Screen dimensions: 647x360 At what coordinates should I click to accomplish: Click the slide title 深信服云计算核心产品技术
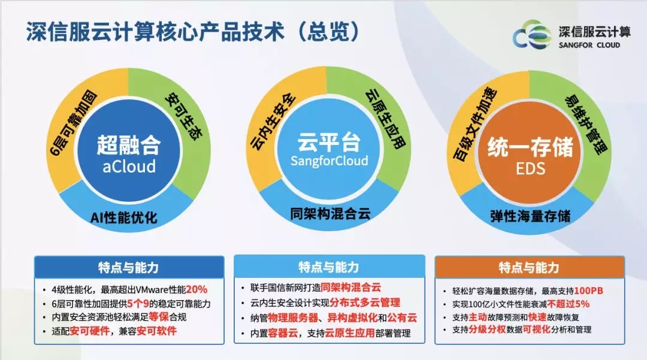(x=156, y=31)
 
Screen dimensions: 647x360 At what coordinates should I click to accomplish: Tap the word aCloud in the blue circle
(x=129, y=167)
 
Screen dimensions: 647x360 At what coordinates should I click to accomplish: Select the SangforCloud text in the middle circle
(x=329, y=161)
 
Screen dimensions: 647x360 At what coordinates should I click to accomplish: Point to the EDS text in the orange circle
(x=531, y=169)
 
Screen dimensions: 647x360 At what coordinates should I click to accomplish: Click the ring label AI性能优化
(x=124, y=217)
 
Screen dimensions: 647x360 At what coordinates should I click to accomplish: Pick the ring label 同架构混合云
(x=330, y=214)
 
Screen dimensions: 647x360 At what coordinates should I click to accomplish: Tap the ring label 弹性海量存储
(x=531, y=216)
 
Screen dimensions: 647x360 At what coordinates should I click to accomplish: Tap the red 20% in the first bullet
(x=196, y=289)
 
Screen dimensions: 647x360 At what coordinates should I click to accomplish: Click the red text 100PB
(x=589, y=291)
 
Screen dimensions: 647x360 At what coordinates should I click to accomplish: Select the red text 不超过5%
(x=568, y=304)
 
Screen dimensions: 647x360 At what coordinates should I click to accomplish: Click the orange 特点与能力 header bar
(x=530, y=267)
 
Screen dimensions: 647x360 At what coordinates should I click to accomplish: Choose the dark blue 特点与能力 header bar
(x=129, y=267)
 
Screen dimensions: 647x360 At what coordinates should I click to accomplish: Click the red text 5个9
(x=138, y=304)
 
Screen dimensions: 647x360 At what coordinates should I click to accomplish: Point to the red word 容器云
(x=283, y=333)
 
